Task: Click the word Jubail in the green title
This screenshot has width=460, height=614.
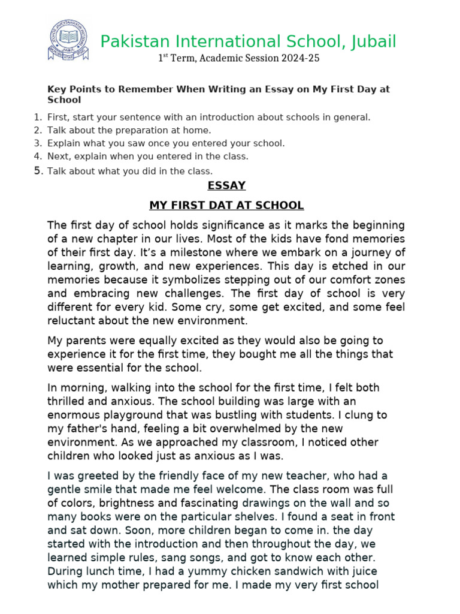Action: coord(371,41)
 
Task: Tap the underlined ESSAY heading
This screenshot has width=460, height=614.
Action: coord(226,185)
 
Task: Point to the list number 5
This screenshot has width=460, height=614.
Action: coord(38,171)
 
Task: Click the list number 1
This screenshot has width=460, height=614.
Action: coord(38,117)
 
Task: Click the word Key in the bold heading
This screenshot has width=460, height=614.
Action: coord(55,89)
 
